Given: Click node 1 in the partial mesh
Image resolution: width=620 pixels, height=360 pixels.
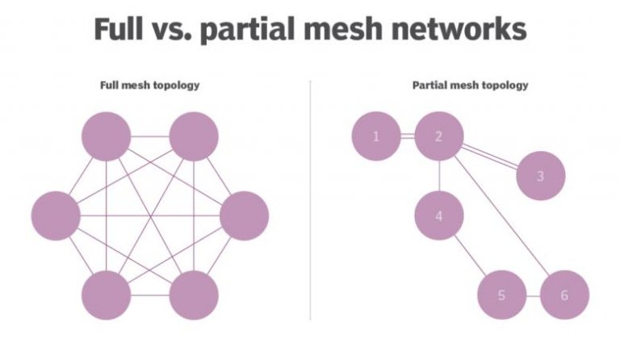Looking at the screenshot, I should tap(376, 136).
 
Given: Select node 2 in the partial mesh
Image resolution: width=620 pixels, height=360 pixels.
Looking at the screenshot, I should tap(438, 136).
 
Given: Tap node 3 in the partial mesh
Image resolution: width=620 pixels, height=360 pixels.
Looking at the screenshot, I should tap(540, 176).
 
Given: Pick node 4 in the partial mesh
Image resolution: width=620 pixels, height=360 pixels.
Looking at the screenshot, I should tap(439, 216).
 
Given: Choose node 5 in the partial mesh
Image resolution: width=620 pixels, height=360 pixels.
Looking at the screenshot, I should tap(501, 295).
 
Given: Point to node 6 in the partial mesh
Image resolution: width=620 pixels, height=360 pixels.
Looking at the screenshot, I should tap(564, 295).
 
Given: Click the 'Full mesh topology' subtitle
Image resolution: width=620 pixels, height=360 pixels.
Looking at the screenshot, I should tap(149, 85).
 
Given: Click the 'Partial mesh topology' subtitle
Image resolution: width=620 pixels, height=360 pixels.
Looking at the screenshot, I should tap(471, 85).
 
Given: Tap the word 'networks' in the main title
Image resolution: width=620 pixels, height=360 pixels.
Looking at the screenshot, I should tap(461, 30).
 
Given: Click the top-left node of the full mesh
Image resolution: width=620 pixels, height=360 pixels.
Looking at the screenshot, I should tap(106, 136).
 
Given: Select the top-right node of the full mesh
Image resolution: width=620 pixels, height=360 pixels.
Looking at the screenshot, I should tap(194, 136).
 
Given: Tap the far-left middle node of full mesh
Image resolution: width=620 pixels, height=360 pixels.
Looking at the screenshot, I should tap(56, 216).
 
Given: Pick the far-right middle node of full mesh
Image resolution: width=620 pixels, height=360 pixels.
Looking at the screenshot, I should tap(244, 216).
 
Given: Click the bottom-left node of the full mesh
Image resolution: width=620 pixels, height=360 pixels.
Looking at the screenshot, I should tap(106, 295).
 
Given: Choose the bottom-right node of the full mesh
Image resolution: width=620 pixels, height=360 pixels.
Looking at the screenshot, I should tap(194, 295).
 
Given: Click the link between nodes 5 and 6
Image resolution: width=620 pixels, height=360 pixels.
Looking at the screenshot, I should tap(533, 295).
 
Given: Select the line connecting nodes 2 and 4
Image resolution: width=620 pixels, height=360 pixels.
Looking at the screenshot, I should tap(438, 175).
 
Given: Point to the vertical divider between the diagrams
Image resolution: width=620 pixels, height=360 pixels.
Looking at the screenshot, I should tap(311, 202).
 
